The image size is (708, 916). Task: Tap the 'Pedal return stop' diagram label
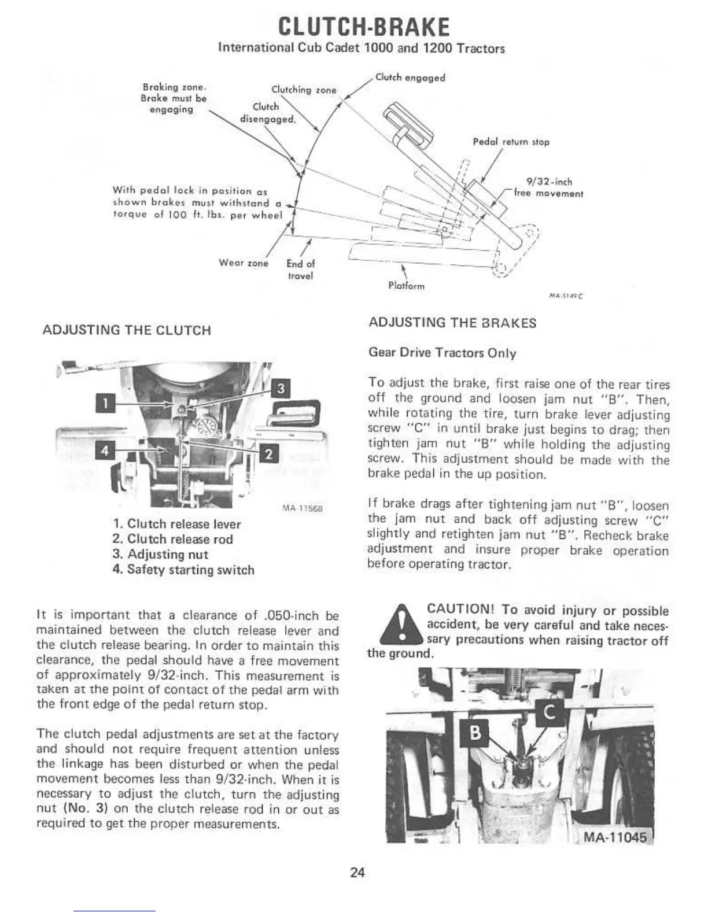(511, 142)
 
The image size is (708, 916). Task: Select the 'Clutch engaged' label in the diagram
(410, 77)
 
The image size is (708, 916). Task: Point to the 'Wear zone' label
(244, 263)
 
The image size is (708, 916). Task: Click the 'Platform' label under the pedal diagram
(406, 286)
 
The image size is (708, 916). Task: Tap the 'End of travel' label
(301, 269)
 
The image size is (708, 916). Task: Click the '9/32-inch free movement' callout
(548, 188)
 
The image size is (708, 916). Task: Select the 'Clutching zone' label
(304, 90)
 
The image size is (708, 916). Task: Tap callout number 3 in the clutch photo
(281, 389)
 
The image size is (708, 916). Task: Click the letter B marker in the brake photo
(475, 733)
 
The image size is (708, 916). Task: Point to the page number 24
(357, 873)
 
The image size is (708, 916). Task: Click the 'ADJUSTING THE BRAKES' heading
(453, 323)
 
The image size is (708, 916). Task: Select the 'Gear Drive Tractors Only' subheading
(443, 353)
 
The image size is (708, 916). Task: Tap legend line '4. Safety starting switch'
(184, 570)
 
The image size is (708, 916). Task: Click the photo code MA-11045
(617, 838)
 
